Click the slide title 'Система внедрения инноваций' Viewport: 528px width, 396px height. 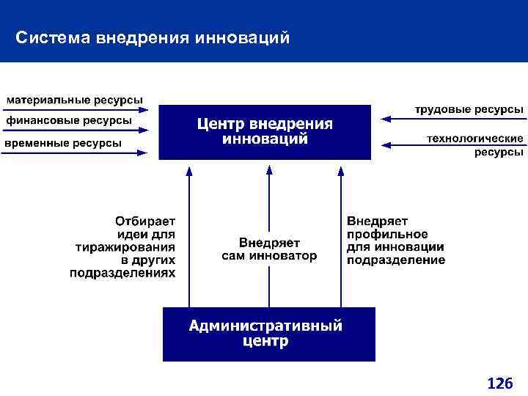pyautogui.click(x=153, y=37)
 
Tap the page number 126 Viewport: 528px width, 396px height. pyautogui.click(x=499, y=383)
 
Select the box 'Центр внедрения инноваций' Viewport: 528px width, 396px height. pyautogui.click(x=265, y=132)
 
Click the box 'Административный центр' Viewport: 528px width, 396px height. pyautogui.click(x=268, y=334)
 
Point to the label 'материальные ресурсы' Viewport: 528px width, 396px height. pyautogui.click(x=75, y=100)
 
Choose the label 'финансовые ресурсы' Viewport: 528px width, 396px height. pyautogui.click(x=69, y=120)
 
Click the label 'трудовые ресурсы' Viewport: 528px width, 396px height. pyautogui.click(x=469, y=109)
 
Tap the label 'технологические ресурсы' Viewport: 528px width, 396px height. pyautogui.click(x=475, y=144)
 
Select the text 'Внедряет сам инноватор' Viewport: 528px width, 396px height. pyautogui.click(x=269, y=249)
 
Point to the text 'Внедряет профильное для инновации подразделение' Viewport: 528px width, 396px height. pyautogui.click(x=395, y=240)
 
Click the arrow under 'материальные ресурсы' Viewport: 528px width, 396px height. pyautogui.click(x=77, y=110)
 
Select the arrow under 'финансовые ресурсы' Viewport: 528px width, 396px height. pyautogui.click(x=77, y=131)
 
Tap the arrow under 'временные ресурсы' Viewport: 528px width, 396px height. pyautogui.click(x=77, y=153)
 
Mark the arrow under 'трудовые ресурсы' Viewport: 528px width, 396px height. pyautogui.click(x=451, y=117)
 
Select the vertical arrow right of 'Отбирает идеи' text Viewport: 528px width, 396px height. pyautogui.click(x=189, y=235)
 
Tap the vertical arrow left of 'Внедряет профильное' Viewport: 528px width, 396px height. pyautogui.click(x=340, y=235)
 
